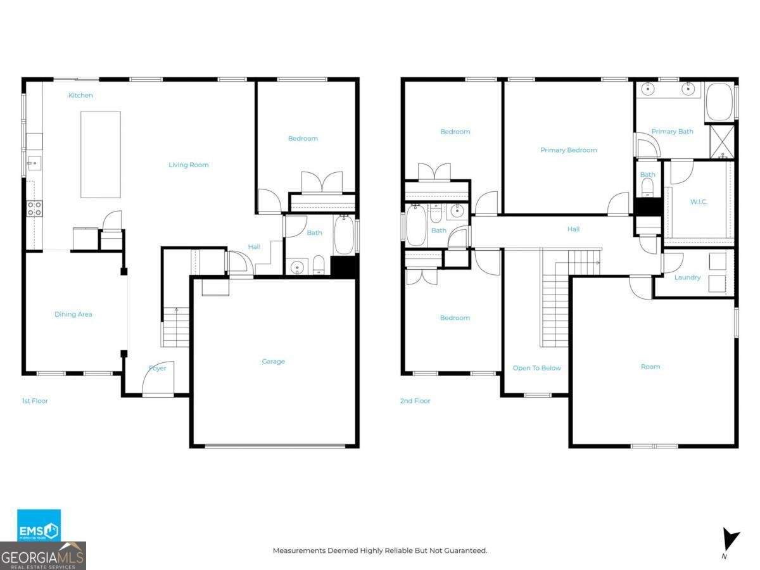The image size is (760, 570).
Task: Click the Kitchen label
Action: coord(80,96)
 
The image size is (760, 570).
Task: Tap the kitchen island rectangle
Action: coord(100,155)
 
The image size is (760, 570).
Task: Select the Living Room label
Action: coord(188,165)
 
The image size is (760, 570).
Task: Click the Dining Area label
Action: coord(73,314)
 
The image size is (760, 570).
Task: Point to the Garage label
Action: coord(273,362)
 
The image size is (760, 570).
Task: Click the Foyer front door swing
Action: coord(156,381)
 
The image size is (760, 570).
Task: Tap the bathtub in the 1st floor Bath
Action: coord(344,236)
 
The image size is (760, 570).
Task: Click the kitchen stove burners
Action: coord(34,208)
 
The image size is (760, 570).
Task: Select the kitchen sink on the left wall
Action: coord(34,163)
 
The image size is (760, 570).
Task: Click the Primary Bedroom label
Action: coord(568,151)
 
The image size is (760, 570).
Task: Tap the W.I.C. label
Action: coord(699,202)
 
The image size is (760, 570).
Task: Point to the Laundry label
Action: coord(687,277)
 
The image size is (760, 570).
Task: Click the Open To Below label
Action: coord(536,368)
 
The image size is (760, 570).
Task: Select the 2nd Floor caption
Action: coord(415,401)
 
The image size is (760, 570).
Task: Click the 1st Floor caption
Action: coord(35,401)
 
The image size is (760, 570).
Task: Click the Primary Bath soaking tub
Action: coord(719,101)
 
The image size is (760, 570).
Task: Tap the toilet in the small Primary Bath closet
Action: coord(647,186)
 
